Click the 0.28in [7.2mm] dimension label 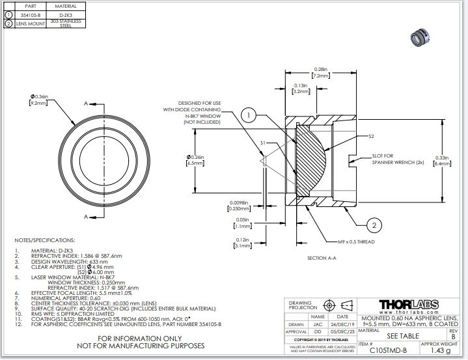[x=320, y=72]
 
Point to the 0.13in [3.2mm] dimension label [x=300, y=89]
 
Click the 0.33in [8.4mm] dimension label [x=441, y=160]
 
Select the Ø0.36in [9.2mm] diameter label [x=38, y=100]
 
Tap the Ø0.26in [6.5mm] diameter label [x=195, y=160]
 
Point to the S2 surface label [x=371, y=136]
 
